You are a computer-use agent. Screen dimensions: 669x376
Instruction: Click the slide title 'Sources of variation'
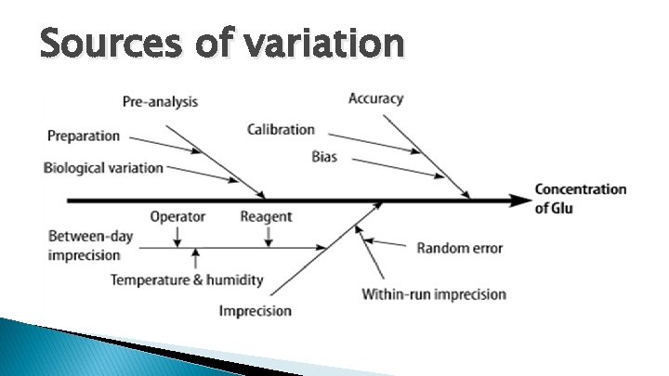click(x=222, y=43)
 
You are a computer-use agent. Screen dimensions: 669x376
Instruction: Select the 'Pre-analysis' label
click(x=160, y=101)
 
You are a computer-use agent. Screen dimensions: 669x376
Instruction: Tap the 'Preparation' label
click(x=84, y=136)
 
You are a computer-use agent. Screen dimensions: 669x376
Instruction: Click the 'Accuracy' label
click(x=376, y=98)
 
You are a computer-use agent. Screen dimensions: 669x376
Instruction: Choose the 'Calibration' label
click(x=281, y=130)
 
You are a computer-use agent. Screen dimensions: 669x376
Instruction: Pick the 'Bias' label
click(x=324, y=158)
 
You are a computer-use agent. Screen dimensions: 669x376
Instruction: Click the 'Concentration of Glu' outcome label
click(x=580, y=199)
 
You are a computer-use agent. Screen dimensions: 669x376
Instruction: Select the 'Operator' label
click(x=177, y=217)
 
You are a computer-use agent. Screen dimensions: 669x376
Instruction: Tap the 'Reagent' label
click(x=266, y=217)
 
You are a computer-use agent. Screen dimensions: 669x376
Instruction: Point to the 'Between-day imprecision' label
click(x=90, y=246)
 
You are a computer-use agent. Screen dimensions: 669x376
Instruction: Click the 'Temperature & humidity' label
click(x=187, y=279)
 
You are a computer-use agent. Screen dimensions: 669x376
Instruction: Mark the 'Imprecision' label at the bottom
click(x=256, y=311)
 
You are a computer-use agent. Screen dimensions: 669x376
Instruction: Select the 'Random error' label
click(x=459, y=248)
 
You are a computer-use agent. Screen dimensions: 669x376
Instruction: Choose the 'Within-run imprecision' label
click(x=434, y=294)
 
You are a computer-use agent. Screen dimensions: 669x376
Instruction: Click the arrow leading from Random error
click(x=386, y=244)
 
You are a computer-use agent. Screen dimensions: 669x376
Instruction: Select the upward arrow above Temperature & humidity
click(x=195, y=257)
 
